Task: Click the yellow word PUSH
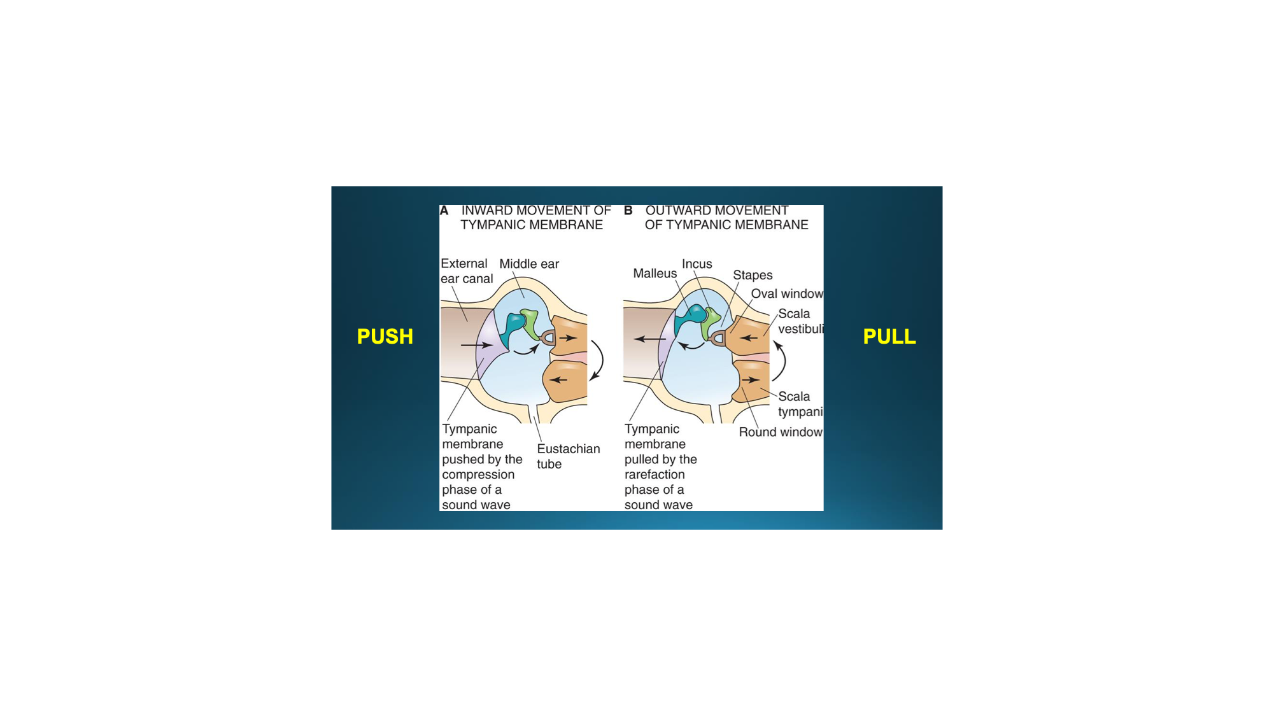(385, 336)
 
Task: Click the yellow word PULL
(889, 336)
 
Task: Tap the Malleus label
(655, 274)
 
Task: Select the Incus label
(697, 264)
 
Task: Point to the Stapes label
(753, 275)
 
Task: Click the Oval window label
(787, 293)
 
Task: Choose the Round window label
(781, 432)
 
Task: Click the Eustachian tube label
(568, 456)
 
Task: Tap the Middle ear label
(529, 263)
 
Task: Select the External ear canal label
(467, 271)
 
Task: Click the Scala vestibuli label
(800, 321)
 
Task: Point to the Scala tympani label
(800, 404)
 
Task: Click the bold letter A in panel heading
(444, 211)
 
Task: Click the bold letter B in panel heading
(628, 211)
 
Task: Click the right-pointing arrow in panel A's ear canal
(476, 345)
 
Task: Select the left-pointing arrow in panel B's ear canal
(650, 339)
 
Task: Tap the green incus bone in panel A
(530, 323)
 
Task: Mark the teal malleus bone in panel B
(690, 317)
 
